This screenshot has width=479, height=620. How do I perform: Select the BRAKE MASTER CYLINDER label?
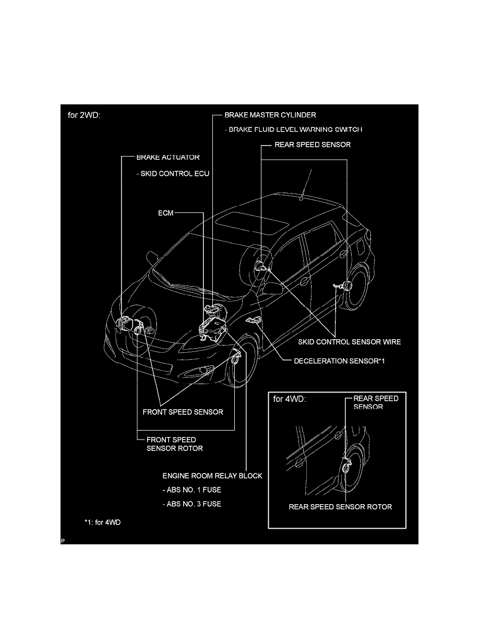coord(270,115)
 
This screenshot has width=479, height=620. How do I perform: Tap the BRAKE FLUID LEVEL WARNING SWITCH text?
coord(293,129)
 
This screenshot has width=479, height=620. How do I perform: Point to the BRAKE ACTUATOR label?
coord(167,157)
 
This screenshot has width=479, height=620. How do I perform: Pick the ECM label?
coord(165,213)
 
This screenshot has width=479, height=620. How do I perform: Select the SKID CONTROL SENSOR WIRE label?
coord(349,342)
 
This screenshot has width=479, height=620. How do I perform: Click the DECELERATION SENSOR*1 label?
coord(340,361)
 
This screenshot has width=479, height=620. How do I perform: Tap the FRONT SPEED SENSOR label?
coord(183,412)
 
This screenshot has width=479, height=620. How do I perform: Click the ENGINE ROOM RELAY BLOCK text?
coord(212,476)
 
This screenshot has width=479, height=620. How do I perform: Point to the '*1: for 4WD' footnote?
coord(102,522)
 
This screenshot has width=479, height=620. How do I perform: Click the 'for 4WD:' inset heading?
coord(290,400)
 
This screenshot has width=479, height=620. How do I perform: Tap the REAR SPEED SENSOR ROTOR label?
coord(340,507)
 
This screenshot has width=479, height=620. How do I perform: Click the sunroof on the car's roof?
coord(252,222)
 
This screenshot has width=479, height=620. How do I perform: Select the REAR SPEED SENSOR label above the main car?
coord(313,145)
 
